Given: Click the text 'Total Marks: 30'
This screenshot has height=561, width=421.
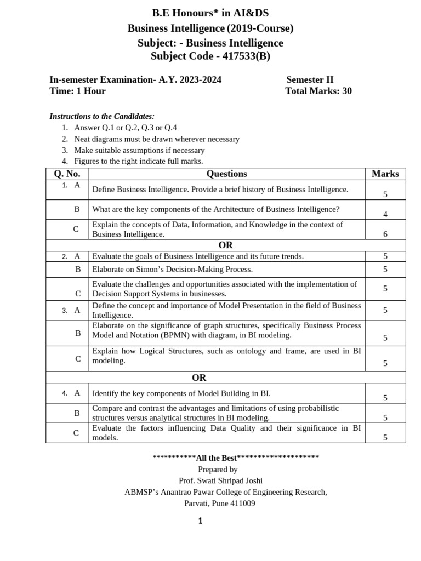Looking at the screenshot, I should point(318,91).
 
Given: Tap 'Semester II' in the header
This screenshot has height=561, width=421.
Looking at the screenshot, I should point(310,79).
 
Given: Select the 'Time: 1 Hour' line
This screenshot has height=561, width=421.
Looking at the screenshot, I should point(77,91).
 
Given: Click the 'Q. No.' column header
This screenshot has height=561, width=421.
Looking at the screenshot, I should point(67,174).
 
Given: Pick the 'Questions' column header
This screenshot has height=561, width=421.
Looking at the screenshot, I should point(226,174).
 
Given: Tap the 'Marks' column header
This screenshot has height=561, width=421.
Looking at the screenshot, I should point(385,174).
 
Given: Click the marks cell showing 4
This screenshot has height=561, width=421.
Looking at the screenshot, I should point(385,214).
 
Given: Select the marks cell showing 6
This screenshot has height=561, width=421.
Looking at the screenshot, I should point(385,234).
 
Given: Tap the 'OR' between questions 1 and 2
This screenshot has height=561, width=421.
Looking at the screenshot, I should point(225,245).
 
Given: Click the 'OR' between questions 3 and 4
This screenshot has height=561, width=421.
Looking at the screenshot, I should point(199,377).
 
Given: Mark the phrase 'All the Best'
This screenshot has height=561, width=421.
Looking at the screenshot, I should point(216,458).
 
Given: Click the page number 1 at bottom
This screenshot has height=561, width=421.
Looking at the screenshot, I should point(200,521).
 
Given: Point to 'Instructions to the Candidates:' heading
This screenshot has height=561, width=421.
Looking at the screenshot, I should point(102,116).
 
